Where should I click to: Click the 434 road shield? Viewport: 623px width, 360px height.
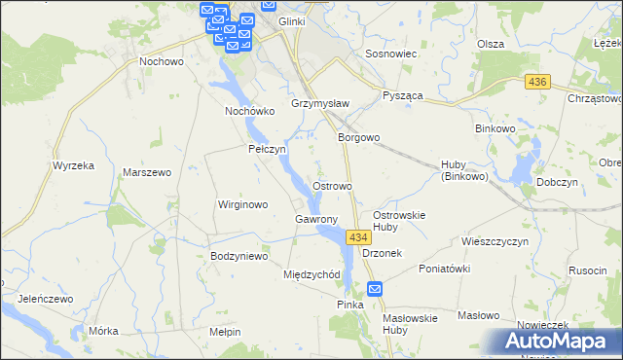(x=358, y=237)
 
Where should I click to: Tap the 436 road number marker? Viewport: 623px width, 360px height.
(x=535, y=84)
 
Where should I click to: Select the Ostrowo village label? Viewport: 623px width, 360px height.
(x=332, y=185)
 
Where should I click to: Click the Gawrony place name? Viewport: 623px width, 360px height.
(x=315, y=219)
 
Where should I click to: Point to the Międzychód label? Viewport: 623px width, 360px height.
(x=311, y=274)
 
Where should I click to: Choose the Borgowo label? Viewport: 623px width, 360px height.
(x=358, y=138)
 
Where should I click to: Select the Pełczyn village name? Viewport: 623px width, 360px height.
(x=267, y=150)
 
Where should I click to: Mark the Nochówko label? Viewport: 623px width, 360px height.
(x=251, y=111)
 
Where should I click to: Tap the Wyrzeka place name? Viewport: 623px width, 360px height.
(x=73, y=165)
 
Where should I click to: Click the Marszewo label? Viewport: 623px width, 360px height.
(x=147, y=172)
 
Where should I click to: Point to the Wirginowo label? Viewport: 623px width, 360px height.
(x=241, y=205)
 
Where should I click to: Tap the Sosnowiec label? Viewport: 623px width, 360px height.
(x=390, y=54)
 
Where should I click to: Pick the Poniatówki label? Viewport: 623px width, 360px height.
(x=445, y=269)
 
